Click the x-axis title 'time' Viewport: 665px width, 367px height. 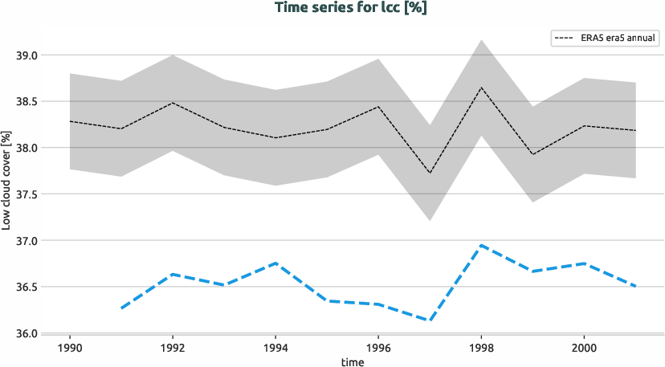pos(352,361)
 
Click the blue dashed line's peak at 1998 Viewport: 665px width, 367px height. pos(480,245)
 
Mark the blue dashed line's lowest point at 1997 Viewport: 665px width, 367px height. pos(430,320)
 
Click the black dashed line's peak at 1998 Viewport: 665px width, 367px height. pos(480,88)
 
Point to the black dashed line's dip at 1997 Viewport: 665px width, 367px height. pos(430,173)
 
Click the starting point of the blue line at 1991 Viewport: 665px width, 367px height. pos(122,308)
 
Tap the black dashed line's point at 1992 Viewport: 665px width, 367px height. pos(173,103)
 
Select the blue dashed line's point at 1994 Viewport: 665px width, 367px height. pos(275,263)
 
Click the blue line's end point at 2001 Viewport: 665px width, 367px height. pos(635,286)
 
